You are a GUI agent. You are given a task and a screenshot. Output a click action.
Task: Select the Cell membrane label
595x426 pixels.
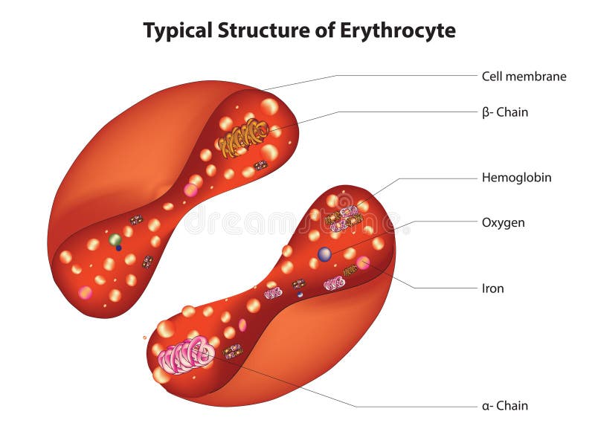pyautogui.click(x=524, y=76)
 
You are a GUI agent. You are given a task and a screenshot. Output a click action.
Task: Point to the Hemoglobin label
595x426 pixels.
pyautogui.click(x=516, y=178)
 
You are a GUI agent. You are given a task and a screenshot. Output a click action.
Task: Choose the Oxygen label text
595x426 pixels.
pyautogui.click(x=503, y=222)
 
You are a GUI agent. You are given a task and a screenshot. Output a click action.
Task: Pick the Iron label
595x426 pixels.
pyautogui.click(x=492, y=288)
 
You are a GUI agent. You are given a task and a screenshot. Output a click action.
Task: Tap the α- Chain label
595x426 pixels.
pyautogui.click(x=504, y=406)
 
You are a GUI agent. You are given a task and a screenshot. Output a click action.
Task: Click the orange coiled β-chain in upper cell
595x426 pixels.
pyautogui.click(x=242, y=137)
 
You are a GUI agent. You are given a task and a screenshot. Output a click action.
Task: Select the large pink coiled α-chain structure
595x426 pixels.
pyautogui.click(x=186, y=355)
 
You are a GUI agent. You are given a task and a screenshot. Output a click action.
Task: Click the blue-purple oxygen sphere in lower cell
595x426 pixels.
pyautogui.click(x=324, y=254)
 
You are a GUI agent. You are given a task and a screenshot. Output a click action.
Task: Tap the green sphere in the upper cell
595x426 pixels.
pyautogui.click(x=115, y=239)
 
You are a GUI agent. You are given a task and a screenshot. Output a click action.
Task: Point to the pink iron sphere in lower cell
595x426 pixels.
pyautogui.click(x=363, y=262)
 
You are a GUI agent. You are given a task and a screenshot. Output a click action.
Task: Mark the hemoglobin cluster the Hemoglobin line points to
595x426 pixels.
pyautogui.click(x=343, y=216)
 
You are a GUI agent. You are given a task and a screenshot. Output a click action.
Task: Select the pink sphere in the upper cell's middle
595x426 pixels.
pyautogui.click(x=190, y=190)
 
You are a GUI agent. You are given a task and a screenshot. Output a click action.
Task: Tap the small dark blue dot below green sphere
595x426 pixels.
pyautogui.click(x=118, y=248)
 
